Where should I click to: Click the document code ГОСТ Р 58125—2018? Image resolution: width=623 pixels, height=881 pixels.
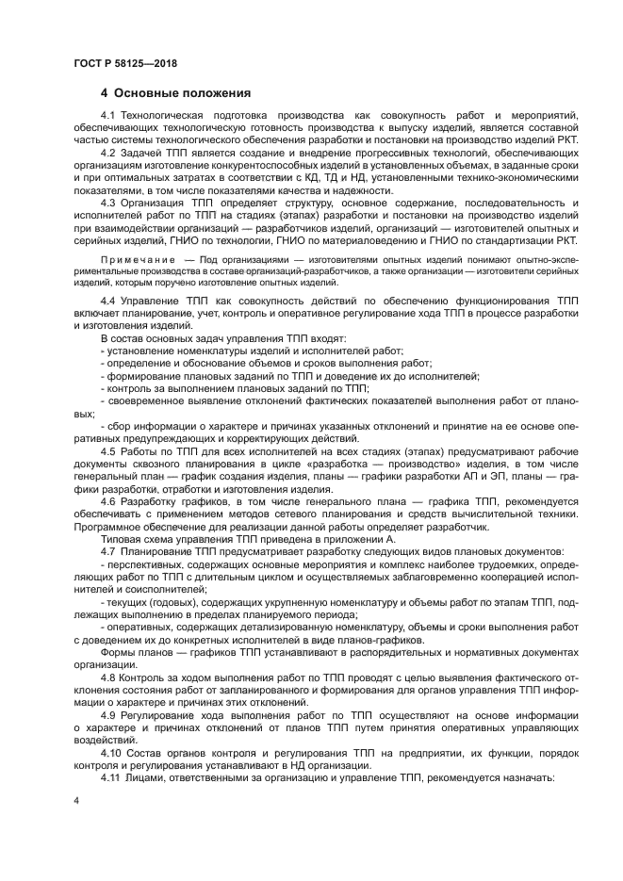click(x=124, y=62)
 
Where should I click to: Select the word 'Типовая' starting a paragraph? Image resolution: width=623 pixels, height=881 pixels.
click(x=121, y=538)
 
